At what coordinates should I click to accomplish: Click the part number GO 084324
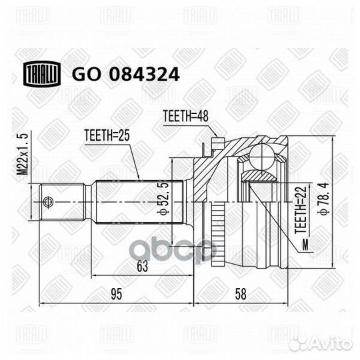tap(125, 74)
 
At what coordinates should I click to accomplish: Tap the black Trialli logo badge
tap(42, 74)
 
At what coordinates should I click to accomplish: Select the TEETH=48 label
tap(186, 116)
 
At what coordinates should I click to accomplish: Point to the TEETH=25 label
tap(107, 135)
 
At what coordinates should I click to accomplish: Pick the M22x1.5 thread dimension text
tap(23, 154)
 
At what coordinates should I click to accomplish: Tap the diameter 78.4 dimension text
tap(324, 199)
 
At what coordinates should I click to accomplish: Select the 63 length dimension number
tap(143, 266)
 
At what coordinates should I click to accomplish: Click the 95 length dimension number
tap(117, 294)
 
